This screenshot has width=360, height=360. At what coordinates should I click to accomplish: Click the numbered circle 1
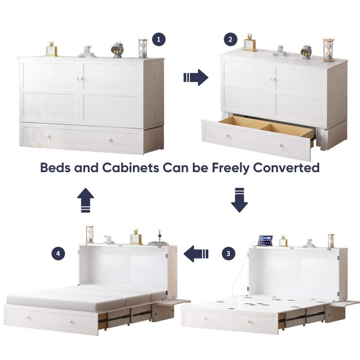159,39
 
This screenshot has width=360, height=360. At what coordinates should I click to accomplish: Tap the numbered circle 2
230,39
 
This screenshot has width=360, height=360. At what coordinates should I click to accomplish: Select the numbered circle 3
229,253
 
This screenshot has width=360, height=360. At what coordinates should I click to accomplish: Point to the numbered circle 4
58,253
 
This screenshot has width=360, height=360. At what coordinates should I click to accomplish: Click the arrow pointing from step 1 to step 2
196,77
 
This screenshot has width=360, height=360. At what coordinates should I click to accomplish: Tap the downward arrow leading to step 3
239,200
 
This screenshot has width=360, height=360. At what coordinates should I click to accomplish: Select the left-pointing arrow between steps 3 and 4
196,254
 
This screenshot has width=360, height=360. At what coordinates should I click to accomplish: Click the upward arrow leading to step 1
85,200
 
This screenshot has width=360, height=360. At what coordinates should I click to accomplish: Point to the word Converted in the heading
286,167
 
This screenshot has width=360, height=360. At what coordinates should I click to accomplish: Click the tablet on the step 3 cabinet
265,241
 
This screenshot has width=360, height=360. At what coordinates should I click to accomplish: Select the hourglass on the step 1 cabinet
143,49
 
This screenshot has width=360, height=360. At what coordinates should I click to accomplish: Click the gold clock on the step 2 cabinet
250,43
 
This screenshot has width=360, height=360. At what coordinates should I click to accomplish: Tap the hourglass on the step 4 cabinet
90,234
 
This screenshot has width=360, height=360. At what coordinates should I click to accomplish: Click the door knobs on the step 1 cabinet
80,79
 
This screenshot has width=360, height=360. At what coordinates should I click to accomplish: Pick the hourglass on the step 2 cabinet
329,50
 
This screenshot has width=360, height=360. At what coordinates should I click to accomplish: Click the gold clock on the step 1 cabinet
51,49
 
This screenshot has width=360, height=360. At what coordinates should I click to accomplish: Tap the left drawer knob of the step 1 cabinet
49,137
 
